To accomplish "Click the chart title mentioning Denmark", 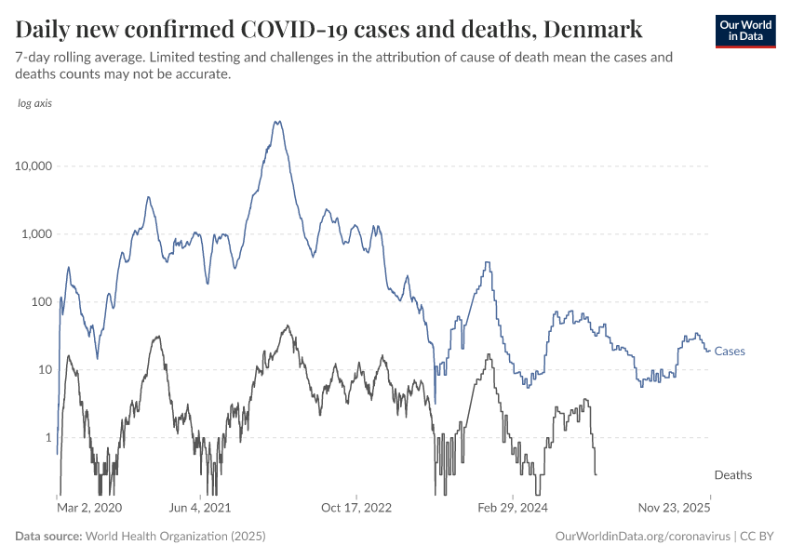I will click(x=328, y=29).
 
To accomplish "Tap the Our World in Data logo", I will click(x=744, y=31).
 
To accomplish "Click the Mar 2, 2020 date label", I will click(x=89, y=509).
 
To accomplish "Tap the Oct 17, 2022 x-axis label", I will click(x=356, y=509).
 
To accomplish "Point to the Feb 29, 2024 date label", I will click(x=513, y=509).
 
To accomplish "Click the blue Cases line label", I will click(x=730, y=352).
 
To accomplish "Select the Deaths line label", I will click(x=733, y=475).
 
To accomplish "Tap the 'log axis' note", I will click(x=35, y=103).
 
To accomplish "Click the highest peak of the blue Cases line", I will click(x=276, y=121).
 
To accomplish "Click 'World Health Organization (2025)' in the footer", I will click(x=175, y=537).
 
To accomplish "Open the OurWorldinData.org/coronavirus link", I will click(x=641, y=537).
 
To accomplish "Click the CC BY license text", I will click(x=757, y=537).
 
